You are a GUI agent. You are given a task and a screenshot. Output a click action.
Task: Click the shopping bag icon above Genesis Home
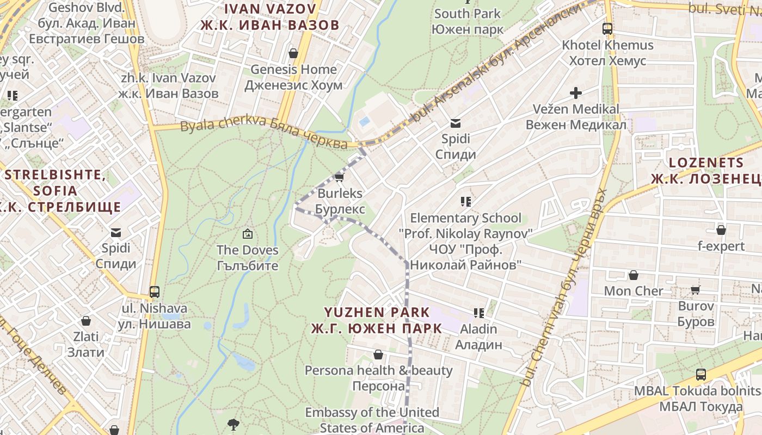point(293,53)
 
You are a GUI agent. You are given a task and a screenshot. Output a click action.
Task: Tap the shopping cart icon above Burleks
point(340,177)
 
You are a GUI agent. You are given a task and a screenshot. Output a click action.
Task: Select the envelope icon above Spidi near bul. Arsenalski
point(456,123)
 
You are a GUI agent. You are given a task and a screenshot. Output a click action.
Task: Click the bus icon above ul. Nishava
point(155,292)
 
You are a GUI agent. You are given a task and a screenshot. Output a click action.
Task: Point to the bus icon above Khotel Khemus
point(607,29)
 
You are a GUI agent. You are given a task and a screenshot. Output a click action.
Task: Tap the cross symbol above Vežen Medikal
point(576,93)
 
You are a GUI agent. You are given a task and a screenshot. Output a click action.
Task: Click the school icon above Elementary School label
point(465,202)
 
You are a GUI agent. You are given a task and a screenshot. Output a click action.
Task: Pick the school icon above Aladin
point(479,313)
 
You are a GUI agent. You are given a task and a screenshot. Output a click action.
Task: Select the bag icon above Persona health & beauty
point(378,355)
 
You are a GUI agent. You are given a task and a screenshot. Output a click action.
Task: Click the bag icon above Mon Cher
point(634,275)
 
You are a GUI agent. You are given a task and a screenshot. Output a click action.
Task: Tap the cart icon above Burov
point(696,290)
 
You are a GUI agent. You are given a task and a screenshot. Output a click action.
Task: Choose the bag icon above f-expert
point(721,230)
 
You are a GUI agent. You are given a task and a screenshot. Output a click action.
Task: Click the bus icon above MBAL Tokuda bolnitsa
point(701,375)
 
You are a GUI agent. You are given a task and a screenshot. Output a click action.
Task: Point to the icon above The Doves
point(248,234)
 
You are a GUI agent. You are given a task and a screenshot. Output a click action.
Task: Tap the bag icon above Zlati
point(86,321)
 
